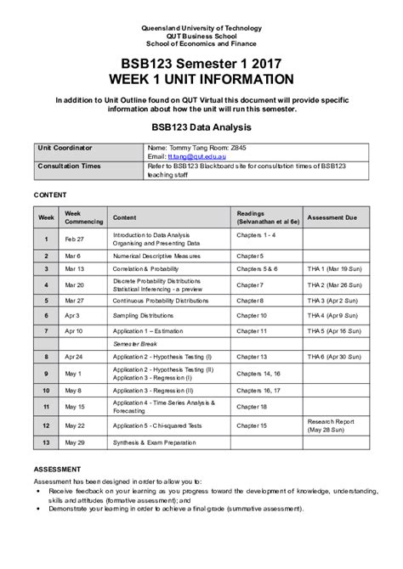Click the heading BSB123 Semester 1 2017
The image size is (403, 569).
point(201,63)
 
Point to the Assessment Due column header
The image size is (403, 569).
point(332,217)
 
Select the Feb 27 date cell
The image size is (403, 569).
point(76,239)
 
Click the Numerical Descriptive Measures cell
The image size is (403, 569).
point(158,255)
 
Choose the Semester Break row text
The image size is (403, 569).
point(133,344)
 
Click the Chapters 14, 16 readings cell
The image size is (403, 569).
point(259,374)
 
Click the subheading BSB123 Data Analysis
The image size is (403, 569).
point(201,127)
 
